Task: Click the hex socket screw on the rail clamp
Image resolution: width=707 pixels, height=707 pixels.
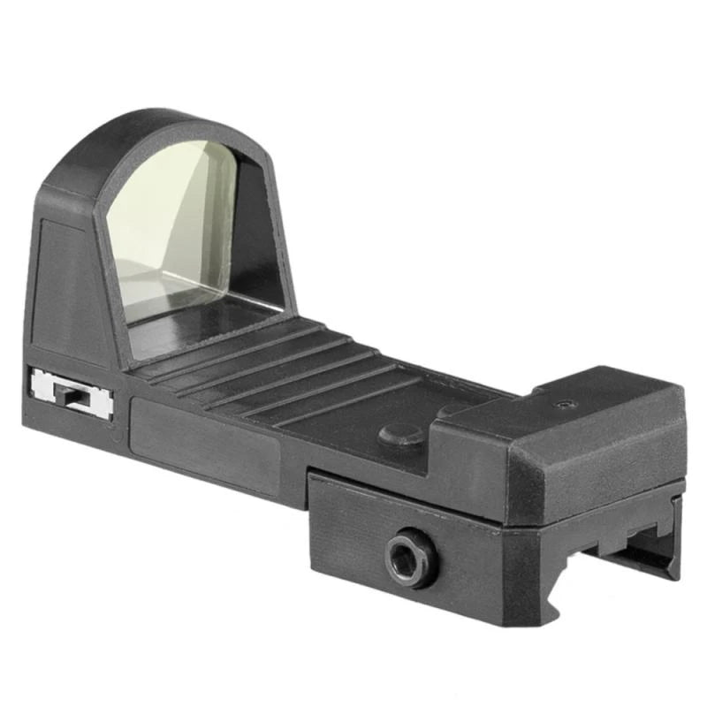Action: coord(410,559)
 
